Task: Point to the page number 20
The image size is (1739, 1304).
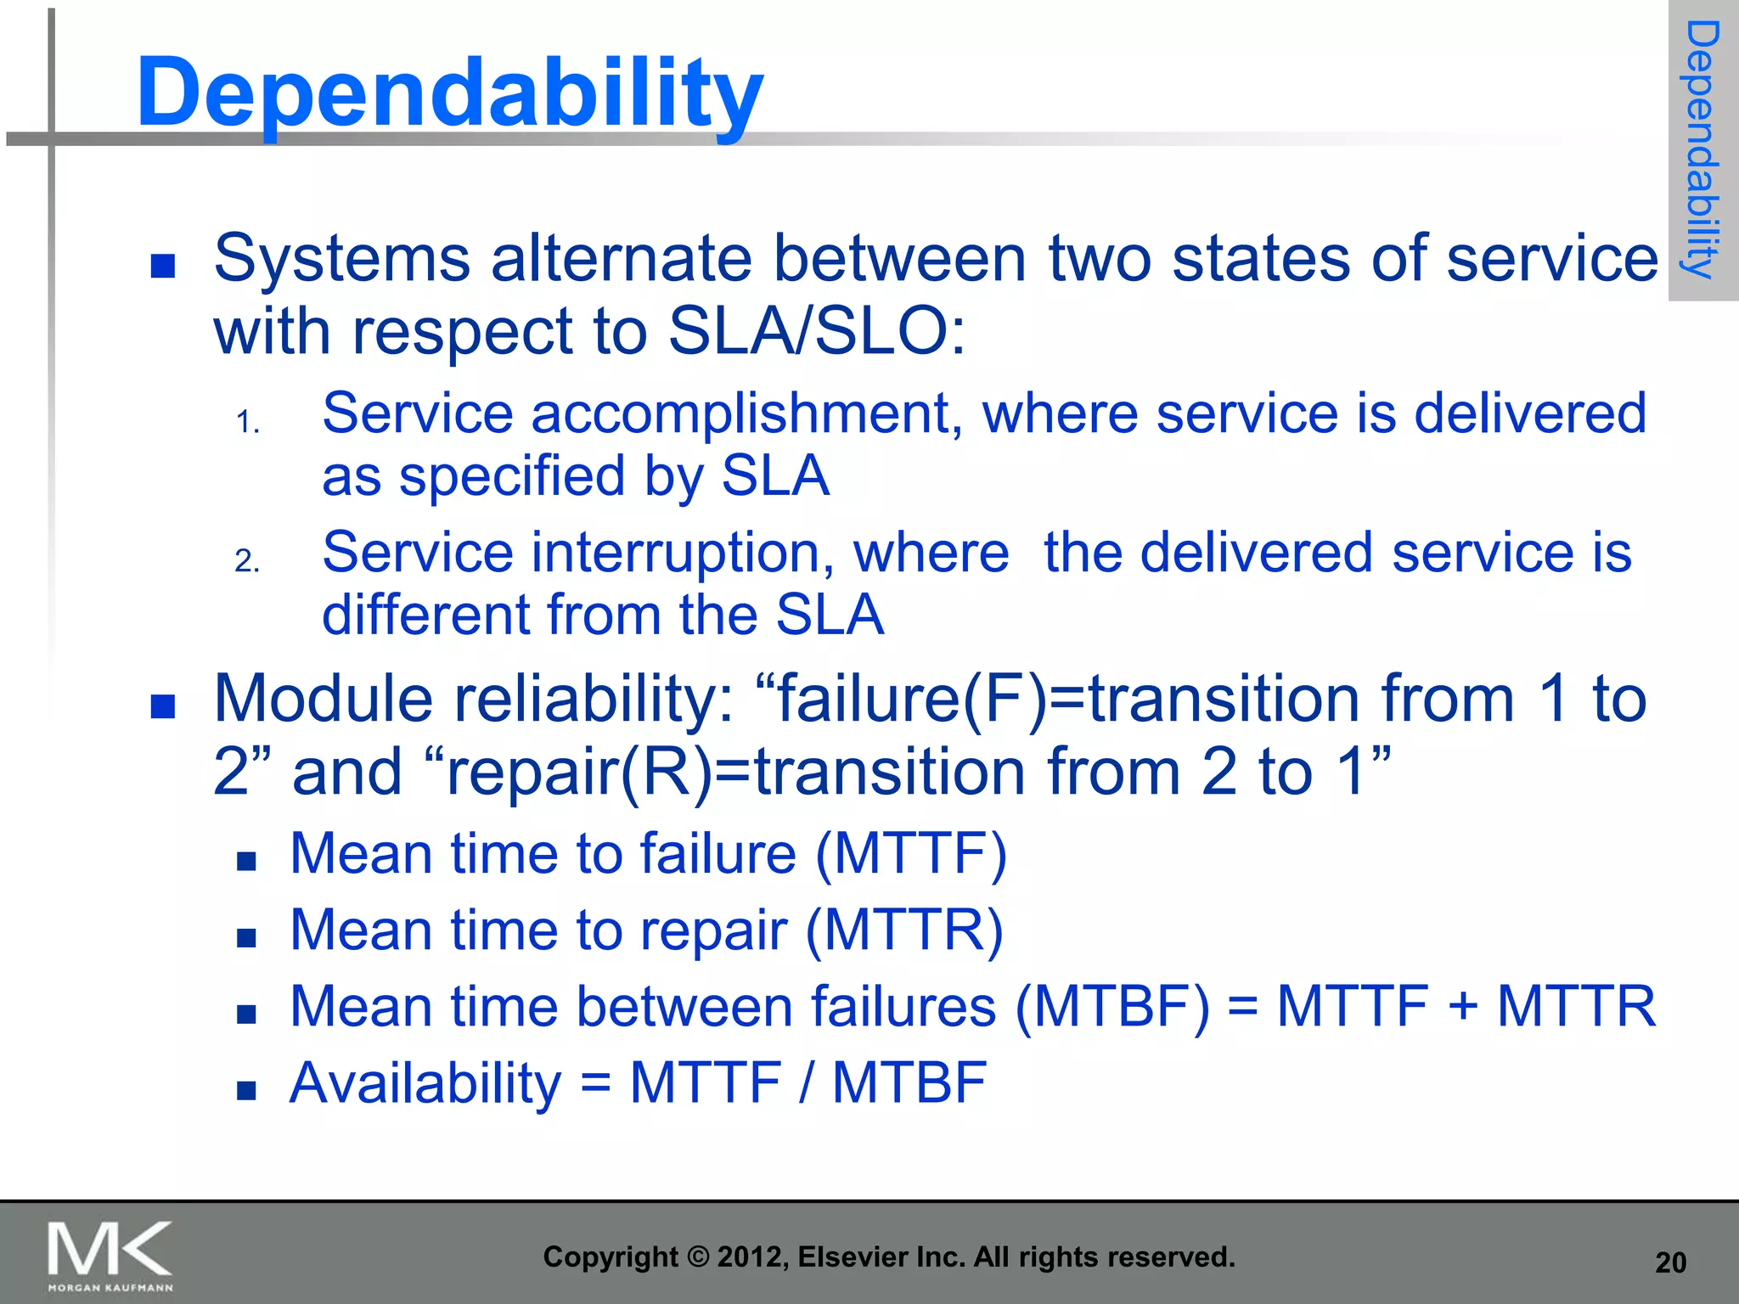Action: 1670,1263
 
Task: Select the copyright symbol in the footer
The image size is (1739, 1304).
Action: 697,1257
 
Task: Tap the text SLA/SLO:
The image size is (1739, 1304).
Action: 817,331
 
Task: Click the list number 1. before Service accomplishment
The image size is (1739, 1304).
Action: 247,423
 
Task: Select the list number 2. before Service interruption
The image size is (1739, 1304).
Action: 247,562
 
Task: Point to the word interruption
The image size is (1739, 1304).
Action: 675,554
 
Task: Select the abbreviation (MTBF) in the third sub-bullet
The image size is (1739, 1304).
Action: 1112,1007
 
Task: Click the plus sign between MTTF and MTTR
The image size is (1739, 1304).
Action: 1462,1007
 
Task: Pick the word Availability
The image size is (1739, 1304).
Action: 425,1084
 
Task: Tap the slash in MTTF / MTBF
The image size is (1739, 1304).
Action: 806,1084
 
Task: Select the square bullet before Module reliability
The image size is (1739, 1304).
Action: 162,706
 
